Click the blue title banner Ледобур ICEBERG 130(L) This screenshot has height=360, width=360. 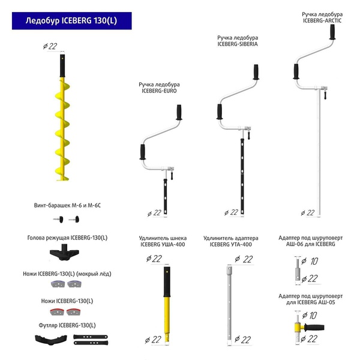click(71, 21)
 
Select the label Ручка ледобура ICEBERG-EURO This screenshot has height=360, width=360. click(159, 88)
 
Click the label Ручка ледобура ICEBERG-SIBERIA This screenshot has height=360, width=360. click(237, 41)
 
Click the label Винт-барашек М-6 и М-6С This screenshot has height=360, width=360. click(67, 206)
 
